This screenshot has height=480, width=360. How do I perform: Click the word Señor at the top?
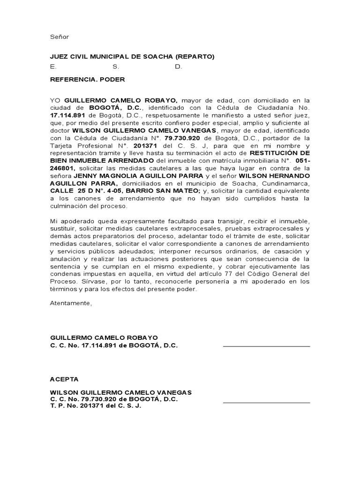pyautogui.click(x=60, y=37)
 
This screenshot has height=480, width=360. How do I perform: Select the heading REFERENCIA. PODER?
pyautogui.click(x=88, y=79)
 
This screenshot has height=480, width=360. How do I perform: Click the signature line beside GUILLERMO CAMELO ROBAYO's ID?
pyautogui.click(x=266, y=346)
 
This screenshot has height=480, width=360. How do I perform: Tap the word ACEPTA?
pyautogui.click(x=64, y=379)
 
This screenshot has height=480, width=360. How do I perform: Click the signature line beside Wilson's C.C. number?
pyautogui.click(x=266, y=402)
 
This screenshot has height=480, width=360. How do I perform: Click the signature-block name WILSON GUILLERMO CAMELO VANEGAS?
pyautogui.click(x=121, y=392)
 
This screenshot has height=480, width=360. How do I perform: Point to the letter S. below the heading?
pyautogui.click(x=116, y=67)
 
